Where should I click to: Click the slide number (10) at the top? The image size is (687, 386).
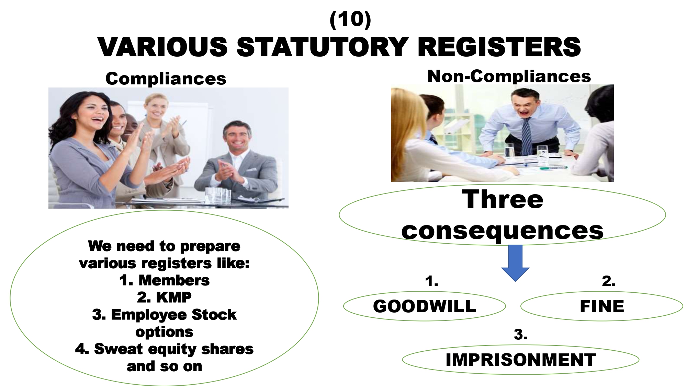click(x=350, y=20)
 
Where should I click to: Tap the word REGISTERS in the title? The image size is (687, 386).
click(x=499, y=47)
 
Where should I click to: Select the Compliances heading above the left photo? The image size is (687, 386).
click(x=166, y=79)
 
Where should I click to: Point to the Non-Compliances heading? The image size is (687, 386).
click(x=509, y=76)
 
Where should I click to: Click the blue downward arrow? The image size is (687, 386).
click(x=515, y=263)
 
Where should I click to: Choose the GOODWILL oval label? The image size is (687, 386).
click(x=425, y=306)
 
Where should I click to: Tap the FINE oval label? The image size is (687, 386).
click(x=602, y=306)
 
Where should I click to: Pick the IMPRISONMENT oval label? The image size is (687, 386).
click(x=520, y=360)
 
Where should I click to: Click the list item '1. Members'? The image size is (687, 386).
click(x=164, y=280)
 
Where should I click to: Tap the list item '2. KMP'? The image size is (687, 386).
click(x=164, y=297)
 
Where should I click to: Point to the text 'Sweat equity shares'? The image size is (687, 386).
click(x=174, y=349)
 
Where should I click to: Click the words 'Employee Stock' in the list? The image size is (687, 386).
click(x=174, y=315)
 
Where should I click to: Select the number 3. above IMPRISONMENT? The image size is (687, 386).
click(x=521, y=335)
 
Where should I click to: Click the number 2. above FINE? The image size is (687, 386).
click(x=609, y=281)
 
